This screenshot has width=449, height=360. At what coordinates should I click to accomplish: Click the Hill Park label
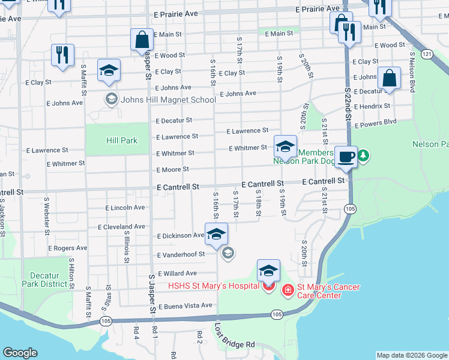point(122,140)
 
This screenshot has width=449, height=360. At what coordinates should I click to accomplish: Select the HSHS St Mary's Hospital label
point(214,287)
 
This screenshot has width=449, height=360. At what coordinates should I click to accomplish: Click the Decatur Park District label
point(44,279)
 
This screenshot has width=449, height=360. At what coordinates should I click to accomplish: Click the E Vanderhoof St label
point(181,254)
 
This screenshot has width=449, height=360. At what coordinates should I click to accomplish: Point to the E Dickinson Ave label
point(180,236)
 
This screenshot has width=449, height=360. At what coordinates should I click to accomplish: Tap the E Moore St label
point(172,170)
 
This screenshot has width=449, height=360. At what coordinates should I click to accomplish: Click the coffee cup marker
point(345,156)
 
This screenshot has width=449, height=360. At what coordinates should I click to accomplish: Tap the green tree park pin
point(363,157)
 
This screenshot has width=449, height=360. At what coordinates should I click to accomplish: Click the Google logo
point(20,353)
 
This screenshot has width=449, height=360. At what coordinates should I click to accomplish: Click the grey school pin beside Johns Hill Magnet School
point(110,98)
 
